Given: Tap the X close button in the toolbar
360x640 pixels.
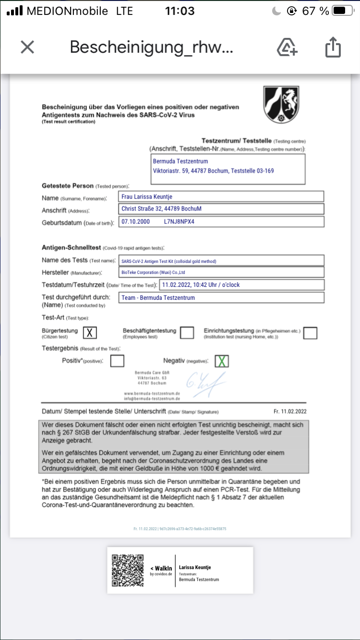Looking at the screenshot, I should [x=27, y=47].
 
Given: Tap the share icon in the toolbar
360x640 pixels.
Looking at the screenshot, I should [x=333, y=47].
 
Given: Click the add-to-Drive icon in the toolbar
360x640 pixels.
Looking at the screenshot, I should [x=287, y=47].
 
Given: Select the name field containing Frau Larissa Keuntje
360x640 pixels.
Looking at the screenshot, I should [x=221, y=196].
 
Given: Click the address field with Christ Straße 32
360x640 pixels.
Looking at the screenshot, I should [x=221, y=209].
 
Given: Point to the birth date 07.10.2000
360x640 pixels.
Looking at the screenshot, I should [x=136, y=222].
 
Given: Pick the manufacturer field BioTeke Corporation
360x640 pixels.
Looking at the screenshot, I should [x=221, y=272].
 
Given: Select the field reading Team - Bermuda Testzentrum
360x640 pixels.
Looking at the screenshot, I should [x=221, y=297].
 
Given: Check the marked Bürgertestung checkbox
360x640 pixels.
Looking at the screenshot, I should [x=90, y=332].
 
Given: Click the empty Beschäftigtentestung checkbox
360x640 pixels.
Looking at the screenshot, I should [x=187, y=332].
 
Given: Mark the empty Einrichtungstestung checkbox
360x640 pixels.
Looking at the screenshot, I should [x=310, y=332].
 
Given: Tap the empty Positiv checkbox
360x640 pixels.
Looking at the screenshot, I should [x=117, y=361].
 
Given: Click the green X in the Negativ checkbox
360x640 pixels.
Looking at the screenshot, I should [x=221, y=361].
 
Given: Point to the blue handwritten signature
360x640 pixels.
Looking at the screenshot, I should [x=205, y=384].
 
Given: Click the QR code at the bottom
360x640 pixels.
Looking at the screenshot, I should [x=128, y=570].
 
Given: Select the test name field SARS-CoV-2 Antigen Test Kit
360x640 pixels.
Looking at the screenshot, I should [x=221, y=261].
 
